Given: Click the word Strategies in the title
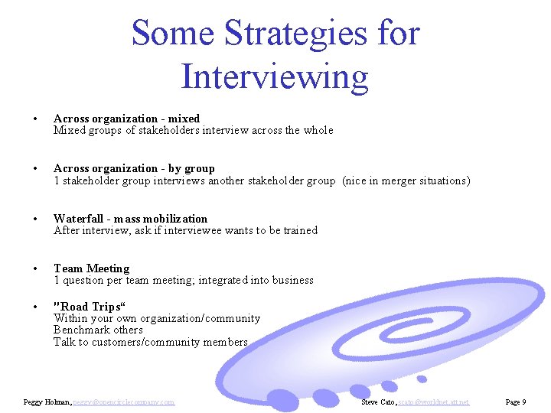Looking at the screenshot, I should (x=295, y=34).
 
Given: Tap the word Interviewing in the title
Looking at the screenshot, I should (x=275, y=76).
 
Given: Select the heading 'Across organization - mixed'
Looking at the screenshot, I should (x=126, y=119).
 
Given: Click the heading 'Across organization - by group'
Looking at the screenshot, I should (x=134, y=168).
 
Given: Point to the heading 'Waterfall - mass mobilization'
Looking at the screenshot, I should (x=130, y=219).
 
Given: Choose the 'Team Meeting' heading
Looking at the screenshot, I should (x=91, y=268).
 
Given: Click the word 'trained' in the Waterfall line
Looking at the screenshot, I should (x=300, y=230).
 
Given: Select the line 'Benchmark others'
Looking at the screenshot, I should (x=98, y=330).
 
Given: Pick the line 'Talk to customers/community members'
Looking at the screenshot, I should (x=150, y=342).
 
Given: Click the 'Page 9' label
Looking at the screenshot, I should (x=514, y=402).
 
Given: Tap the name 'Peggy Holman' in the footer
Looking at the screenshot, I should (x=47, y=402).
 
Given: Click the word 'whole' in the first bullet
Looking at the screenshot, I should (x=318, y=130).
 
